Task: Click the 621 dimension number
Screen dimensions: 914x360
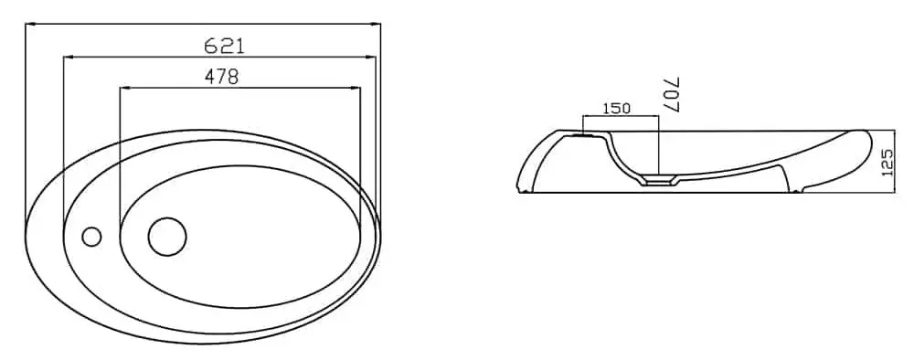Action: click(x=225, y=46)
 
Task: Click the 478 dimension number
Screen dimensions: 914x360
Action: click(x=221, y=77)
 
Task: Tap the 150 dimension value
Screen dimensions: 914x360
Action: click(x=616, y=108)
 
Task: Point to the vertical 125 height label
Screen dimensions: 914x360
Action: click(x=888, y=162)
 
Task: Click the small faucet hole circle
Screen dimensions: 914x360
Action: click(x=91, y=237)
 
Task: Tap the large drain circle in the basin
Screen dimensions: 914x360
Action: click(x=167, y=237)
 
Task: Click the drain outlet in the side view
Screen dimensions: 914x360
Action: click(x=659, y=181)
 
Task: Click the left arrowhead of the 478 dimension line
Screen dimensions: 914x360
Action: click(x=123, y=88)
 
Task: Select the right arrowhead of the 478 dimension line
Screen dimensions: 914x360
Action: click(x=356, y=88)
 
